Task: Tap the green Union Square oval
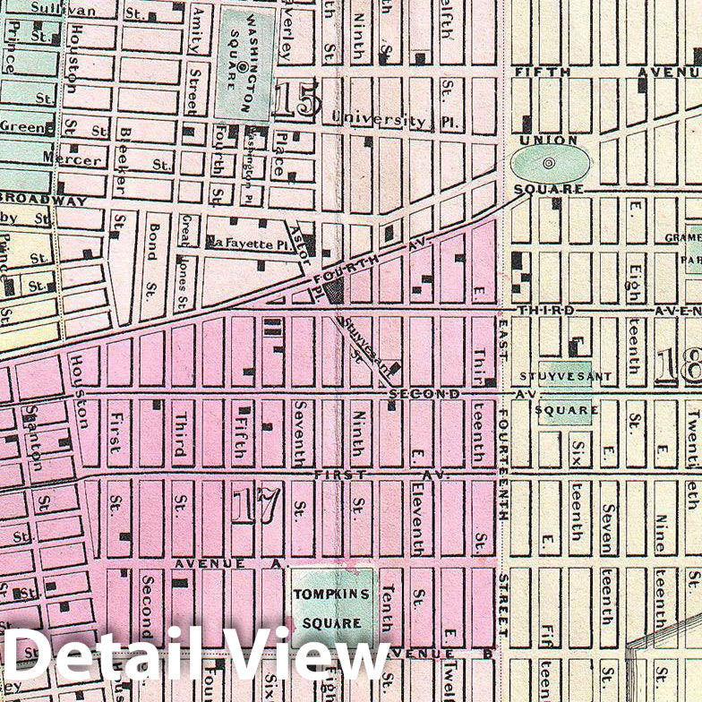[550, 163]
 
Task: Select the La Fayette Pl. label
[244, 241]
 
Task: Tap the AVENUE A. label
[228, 564]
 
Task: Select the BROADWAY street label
[45, 200]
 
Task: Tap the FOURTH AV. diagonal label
[369, 263]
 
